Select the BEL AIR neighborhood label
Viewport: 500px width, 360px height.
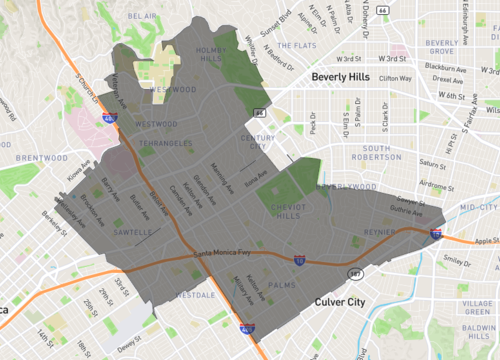coord(143,17)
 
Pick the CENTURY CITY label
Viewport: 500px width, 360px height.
coord(257,143)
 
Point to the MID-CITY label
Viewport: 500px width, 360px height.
coord(476,206)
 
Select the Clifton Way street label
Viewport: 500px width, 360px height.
coord(395,77)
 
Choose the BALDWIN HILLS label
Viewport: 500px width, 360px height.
coord(478,332)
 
